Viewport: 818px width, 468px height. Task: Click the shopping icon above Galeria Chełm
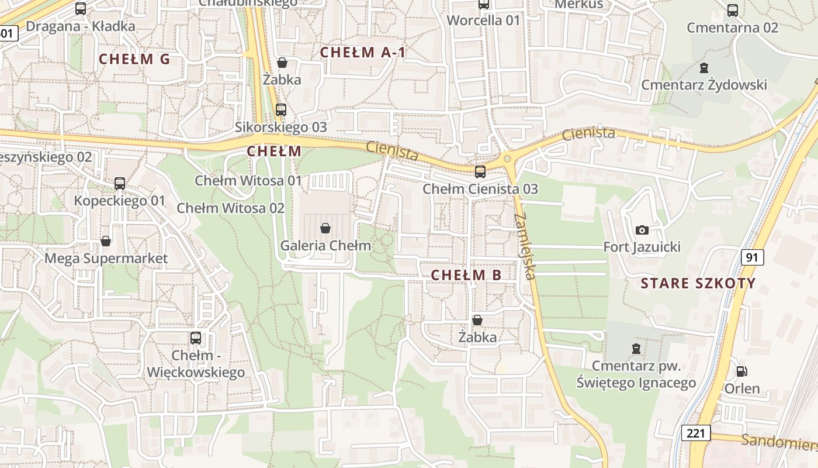[x=325, y=228]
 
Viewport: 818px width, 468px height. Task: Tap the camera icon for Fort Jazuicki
[x=642, y=230]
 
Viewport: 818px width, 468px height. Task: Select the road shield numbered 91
[x=753, y=257]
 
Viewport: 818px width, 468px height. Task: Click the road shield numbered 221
[x=695, y=433]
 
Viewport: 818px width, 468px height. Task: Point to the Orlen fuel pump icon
[x=741, y=371]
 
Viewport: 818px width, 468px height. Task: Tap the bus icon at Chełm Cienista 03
[x=480, y=171]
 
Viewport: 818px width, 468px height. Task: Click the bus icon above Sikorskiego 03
[x=281, y=109]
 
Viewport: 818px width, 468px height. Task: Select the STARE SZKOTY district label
[x=698, y=284]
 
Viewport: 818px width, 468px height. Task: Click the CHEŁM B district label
[x=466, y=275]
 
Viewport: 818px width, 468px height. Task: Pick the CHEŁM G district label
[x=134, y=59]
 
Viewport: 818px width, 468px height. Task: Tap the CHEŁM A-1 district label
[x=362, y=52]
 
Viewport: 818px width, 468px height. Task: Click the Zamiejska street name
[x=525, y=246]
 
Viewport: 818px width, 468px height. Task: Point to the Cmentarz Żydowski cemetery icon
[x=704, y=68]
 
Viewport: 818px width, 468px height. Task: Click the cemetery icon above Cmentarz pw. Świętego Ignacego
[x=636, y=349]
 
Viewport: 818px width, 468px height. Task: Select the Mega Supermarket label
[x=106, y=259]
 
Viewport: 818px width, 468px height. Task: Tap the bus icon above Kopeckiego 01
[x=120, y=183]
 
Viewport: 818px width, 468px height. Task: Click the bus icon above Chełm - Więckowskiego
[x=196, y=338]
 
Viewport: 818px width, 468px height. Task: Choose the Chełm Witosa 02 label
[x=231, y=208]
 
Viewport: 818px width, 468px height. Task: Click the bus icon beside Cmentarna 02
[x=733, y=10]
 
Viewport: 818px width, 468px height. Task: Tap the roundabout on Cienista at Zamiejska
[x=507, y=159]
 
